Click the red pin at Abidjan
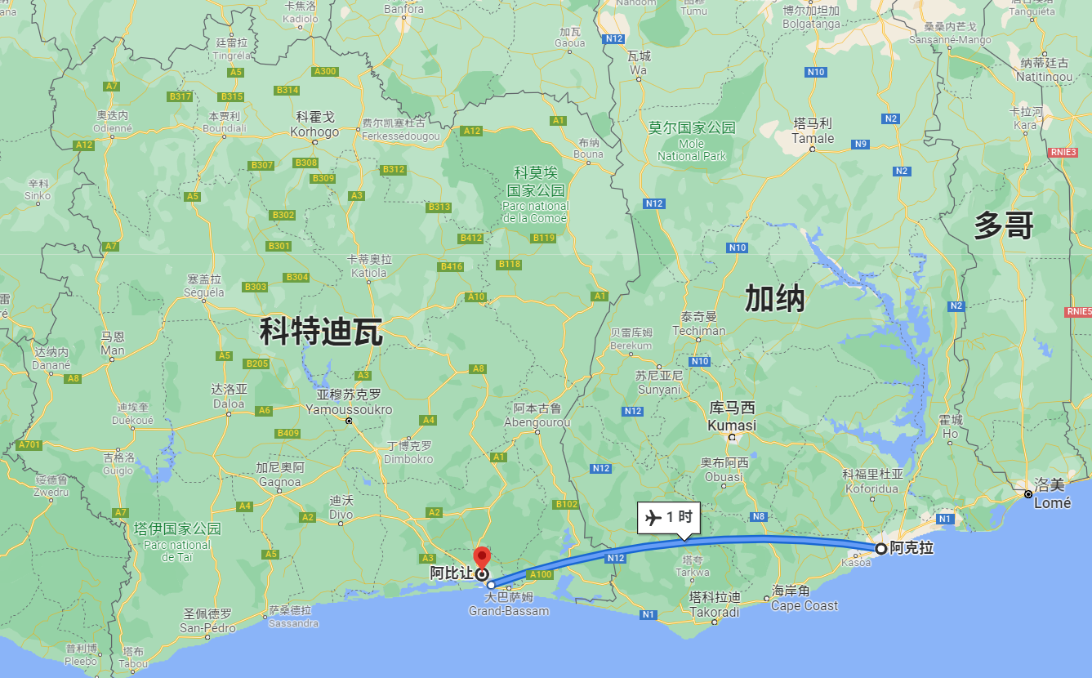(x=482, y=557)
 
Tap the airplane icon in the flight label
(x=653, y=517)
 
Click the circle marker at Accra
(x=880, y=548)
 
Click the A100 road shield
(x=541, y=574)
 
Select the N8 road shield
(x=760, y=516)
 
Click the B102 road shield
(x=566, y=504)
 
